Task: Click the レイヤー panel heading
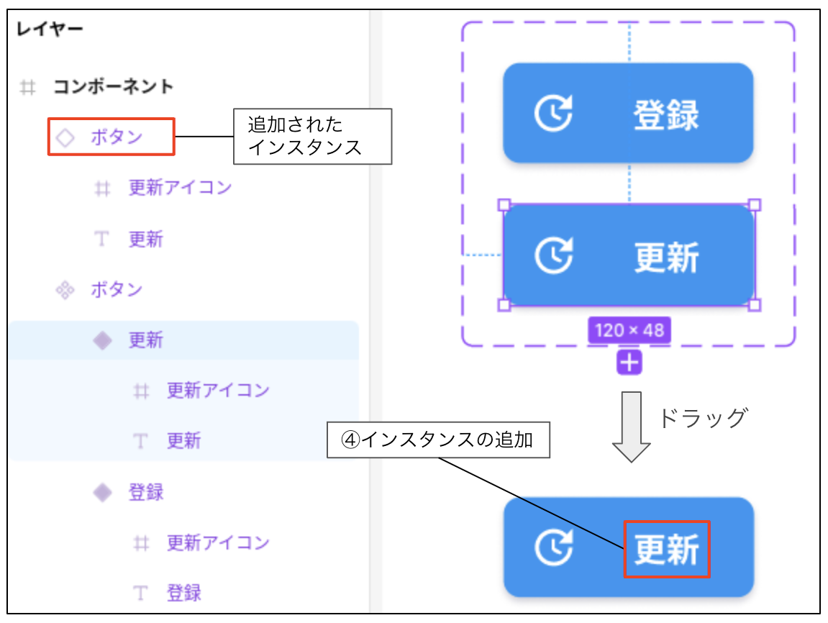click(50, 29)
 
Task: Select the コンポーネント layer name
click(113, 86)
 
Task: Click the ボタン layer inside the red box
click(117, 137)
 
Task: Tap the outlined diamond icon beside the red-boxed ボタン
click(65, 137)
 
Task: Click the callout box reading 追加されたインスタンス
click(313, 136)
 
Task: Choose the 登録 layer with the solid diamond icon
click(146, 492)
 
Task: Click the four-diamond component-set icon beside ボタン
click(65, 290)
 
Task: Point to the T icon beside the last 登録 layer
click(140, 593)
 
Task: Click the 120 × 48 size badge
click(629, 330)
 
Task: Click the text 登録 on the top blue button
click(666, 114)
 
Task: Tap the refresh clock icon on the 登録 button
click(553, 112)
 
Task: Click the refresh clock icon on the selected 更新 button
click(553, 255)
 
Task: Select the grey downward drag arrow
click(631, 427)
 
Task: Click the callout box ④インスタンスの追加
click(438, 440)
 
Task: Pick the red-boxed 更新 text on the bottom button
click(666, 549)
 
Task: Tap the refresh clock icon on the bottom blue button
click(553, 547)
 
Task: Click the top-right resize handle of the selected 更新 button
click(755, 205)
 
